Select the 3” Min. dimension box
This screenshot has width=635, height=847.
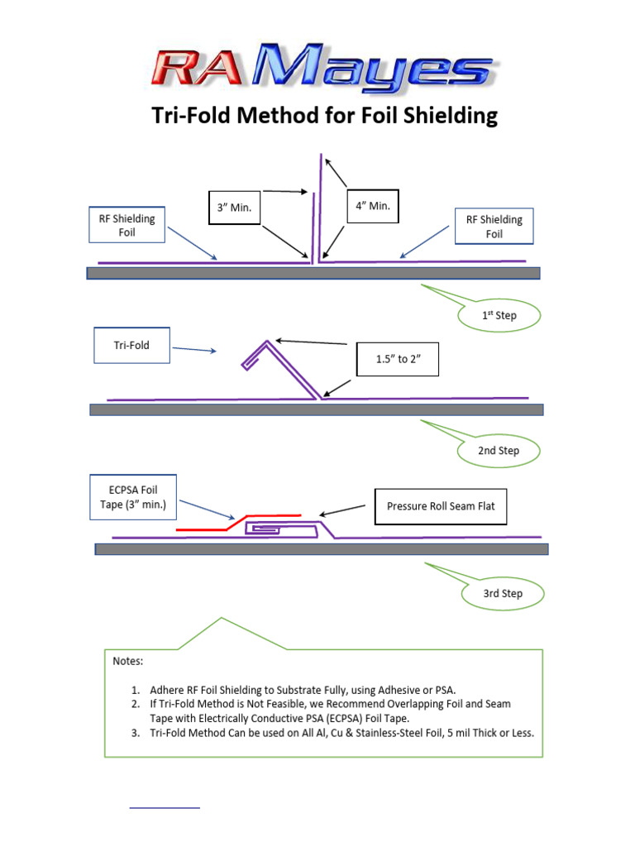click(234, 208)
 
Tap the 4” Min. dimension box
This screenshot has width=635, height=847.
click(372, 205)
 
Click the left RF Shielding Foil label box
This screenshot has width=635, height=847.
click(127, 225)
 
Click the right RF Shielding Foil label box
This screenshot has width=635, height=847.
click(494, 226)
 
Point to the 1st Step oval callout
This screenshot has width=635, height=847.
click(499, 315)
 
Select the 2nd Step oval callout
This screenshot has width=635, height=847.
click(499, 451)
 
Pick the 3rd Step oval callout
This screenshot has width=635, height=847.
click(503, 593)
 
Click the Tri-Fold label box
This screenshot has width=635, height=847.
click(131, 345)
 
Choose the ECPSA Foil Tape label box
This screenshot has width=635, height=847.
click(133, 497)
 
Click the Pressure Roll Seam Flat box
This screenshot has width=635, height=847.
click(440, 505)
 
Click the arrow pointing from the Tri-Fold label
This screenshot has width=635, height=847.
click(194, 350)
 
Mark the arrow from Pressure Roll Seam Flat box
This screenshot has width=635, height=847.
click(342, 510)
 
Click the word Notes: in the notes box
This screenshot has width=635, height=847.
click(128, 661)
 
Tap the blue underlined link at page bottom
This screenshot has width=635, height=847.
click(165, 806)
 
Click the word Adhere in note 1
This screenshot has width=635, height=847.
click(169, 689)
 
